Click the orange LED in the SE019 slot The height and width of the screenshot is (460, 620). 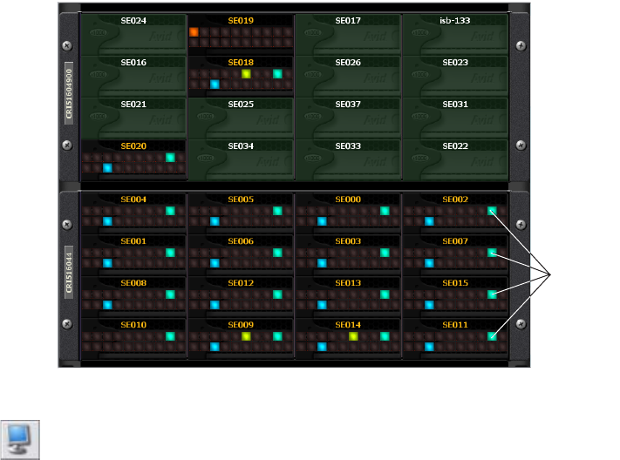194,32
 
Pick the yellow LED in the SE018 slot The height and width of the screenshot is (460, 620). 247,74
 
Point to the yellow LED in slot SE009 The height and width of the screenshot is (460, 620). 247,335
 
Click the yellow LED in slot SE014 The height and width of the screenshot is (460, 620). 354,335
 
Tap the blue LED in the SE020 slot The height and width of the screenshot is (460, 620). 107,167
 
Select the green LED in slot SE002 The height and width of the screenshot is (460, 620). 493,211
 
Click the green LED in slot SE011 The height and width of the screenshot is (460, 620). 493,335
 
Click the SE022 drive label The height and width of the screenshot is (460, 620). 455,145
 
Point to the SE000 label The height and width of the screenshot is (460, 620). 348,200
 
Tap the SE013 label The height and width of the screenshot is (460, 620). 348,283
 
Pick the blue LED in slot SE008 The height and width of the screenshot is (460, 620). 107,305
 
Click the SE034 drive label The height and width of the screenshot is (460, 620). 241,145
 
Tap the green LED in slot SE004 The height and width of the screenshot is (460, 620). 171,211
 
